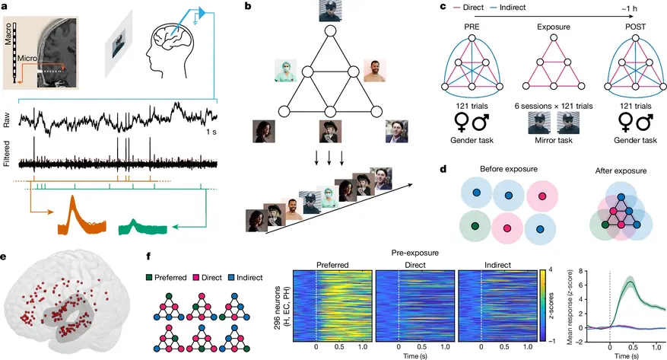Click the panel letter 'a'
pos(5,6)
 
